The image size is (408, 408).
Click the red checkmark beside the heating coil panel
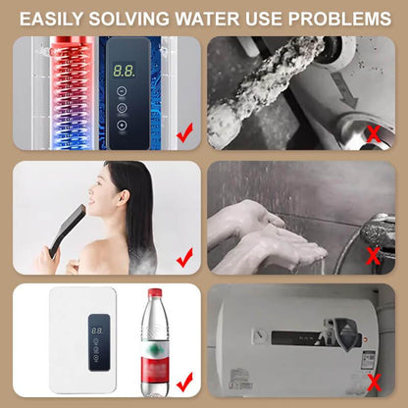182,129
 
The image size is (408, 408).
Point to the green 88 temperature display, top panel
124,72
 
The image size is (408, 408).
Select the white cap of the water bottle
154,293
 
